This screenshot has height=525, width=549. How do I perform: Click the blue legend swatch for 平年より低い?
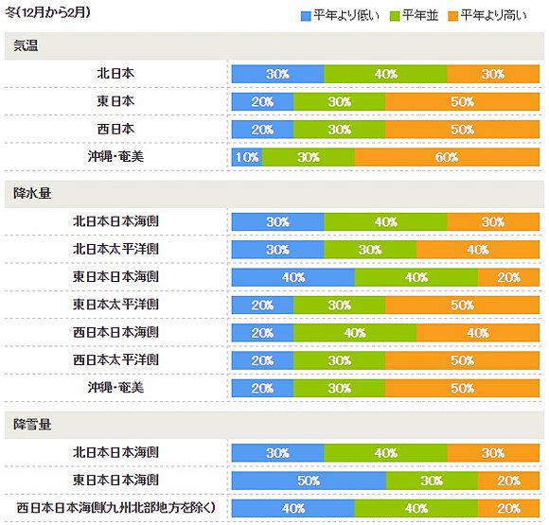(x=306, y=16)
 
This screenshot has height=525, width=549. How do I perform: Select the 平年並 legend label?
(x=420, y=15)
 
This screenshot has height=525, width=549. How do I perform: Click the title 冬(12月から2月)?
(x=48, y=12)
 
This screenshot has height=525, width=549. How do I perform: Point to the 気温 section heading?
(x=26, y=45)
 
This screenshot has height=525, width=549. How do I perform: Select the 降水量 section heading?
(x=32, y=194)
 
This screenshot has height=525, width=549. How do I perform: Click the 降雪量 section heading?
(x=32, y=425)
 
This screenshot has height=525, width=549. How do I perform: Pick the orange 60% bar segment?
(x=447, y=157)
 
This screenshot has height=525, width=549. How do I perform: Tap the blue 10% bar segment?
(x=247, y=157)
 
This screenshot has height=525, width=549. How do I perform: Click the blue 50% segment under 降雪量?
(x=309, y=481)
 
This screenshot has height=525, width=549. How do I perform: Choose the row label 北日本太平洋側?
(x=115, y=249)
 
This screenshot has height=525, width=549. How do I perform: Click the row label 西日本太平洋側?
(x=115, y=360)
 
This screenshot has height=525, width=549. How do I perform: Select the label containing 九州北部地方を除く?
(x=115, y=508)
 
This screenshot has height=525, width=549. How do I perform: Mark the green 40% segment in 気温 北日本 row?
(x=385, y=74)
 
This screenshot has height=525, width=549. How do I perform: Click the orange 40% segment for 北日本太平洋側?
(x=478, y=250)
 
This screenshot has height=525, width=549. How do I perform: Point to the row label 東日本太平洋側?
(x=115, y=305)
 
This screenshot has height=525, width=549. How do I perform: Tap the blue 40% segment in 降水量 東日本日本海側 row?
(x=293, y=277)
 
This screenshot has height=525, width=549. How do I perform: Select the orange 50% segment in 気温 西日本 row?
(x=462, y=130)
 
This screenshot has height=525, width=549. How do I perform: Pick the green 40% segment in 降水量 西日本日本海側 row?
(x=355, y=333)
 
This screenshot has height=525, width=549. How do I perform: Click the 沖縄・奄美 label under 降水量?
(x=115, y=388)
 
